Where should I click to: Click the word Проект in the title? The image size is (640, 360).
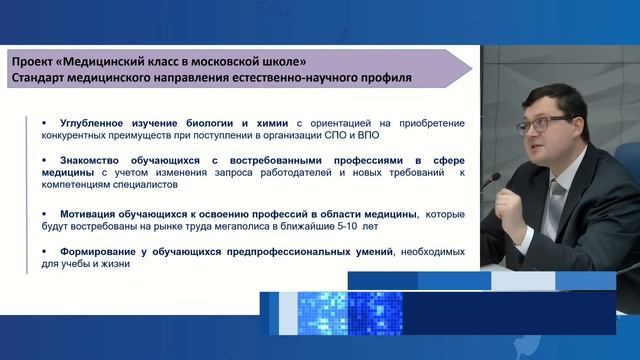click(x=32, y=59)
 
